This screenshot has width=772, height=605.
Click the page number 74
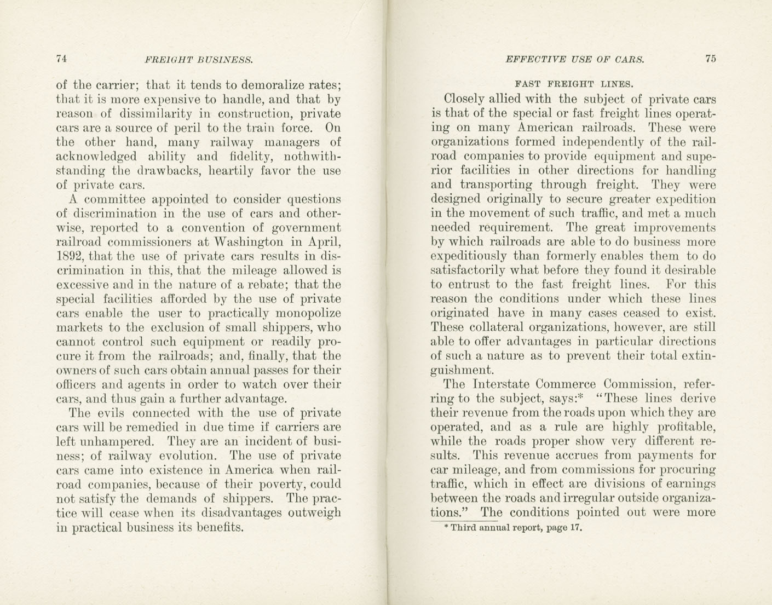(61, 59)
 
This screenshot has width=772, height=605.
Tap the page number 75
(711, 59)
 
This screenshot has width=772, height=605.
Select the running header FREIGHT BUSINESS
(199, 60)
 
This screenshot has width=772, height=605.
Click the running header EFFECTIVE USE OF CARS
(574, 60)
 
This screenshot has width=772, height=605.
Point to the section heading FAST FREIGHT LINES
(574, 84)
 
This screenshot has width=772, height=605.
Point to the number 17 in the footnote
(575, 528)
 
